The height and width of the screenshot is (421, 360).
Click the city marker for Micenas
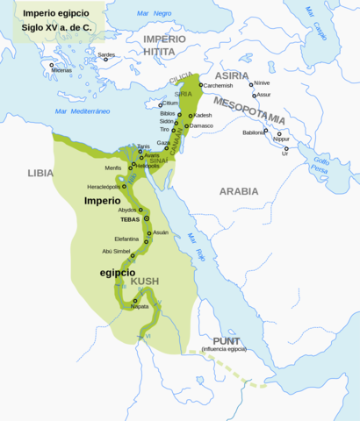[52, 66]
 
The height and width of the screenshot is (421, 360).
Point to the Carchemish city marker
[201, 85]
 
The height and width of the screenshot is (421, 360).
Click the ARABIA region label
[240, 190]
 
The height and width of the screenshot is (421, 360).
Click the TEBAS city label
[131, 219]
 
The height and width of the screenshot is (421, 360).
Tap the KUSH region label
[145, 281]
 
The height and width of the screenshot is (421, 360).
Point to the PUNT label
[223, 340]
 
